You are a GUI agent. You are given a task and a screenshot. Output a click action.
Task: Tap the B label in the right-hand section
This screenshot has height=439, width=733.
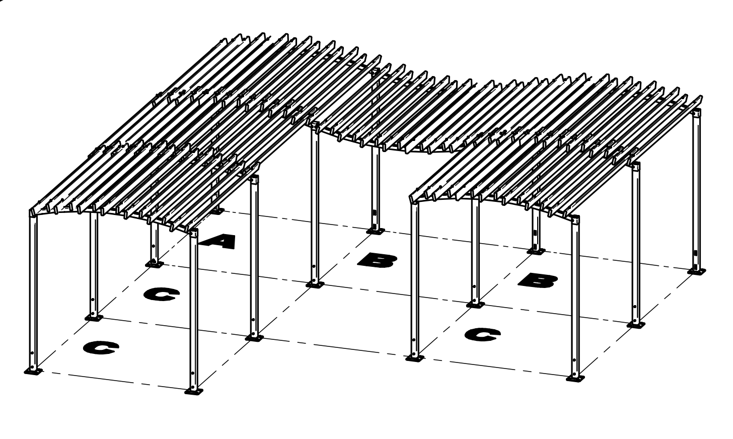pyautogui.click(x=538, y=280)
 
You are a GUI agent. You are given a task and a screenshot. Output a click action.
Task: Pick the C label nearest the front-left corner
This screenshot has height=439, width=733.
pyautogui.click(x=101, y=347)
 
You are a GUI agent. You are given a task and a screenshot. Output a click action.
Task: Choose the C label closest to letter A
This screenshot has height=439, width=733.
pyautogui.click(x=161, y=294)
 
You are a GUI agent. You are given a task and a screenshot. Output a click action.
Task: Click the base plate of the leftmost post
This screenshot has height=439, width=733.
pyautogui.click(x=33, y=372)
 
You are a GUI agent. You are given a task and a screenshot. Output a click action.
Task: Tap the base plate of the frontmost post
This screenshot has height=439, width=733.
pyautogui.click(x=193, y=391)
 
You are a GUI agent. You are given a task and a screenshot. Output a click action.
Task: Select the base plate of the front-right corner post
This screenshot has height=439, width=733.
pyautogui.click(x=575, y=378)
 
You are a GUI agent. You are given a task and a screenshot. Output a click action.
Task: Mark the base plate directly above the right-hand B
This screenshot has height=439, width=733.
pyautogui.click(x=536, y=250)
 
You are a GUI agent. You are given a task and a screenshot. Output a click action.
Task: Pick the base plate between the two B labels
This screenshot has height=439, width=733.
pyautogui.click(x=475, y=304)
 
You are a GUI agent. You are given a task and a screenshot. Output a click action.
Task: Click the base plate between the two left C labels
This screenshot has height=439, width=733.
pyautogui.click(x=93, y=318)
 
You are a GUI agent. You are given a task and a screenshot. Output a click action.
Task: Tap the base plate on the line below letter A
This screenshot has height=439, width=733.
pyautogui.click(x=254, y=337)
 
